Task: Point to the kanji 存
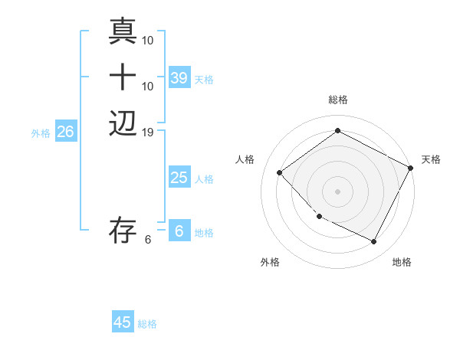coord(123,229)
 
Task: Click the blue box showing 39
coord(179,78)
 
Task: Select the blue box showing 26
coord(66,132)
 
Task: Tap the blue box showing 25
coord(179,178)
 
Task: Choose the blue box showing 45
coord(123,322)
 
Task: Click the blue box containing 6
coord(179,231)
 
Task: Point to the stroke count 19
coord(148,133)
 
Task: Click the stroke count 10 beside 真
coord(148,39)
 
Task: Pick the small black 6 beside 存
coord(148,239)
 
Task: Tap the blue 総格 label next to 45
coord(147,324)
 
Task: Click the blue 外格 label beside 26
coord(41,133)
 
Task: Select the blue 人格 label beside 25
coord(204,179)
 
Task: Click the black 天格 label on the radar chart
coord(431,159)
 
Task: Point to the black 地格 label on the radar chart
coord(402,262)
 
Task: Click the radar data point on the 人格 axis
coord(280,173)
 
